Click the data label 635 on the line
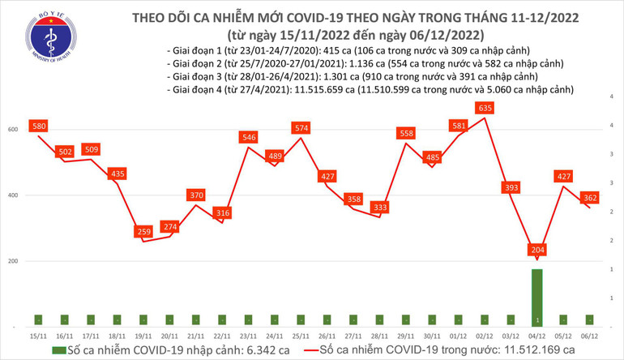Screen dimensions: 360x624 coord(485,107)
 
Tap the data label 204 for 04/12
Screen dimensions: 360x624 coord(536,250)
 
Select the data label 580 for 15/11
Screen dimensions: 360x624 coord(38,126)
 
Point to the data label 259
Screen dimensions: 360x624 coord(143,232)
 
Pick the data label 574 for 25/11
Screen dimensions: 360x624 coord(301,128)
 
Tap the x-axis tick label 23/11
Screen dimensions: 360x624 coord(248,334)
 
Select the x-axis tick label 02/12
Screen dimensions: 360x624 coord(484,334)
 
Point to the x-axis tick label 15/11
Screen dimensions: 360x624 coord(38,334)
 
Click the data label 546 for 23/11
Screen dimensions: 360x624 coord(248,138)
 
